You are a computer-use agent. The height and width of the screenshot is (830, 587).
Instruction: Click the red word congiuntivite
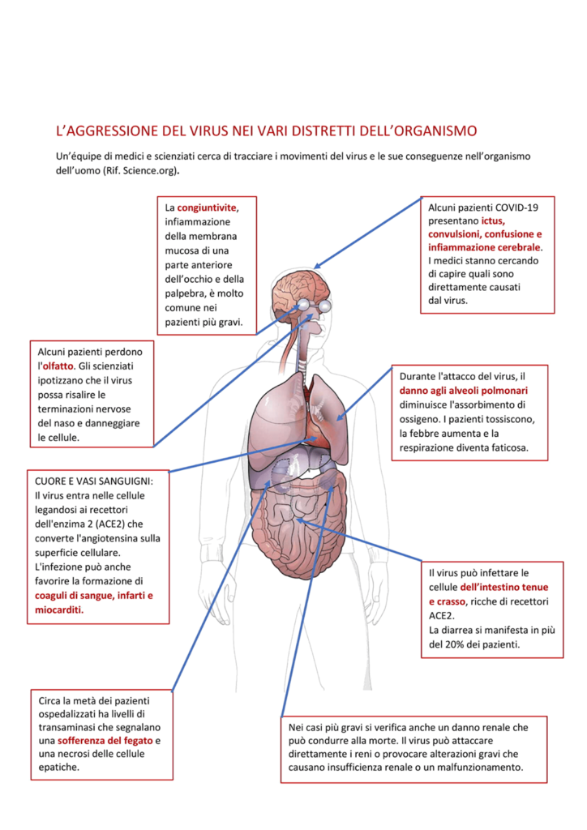[x=207, y=208]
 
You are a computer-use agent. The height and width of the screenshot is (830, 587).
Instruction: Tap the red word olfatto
[x=58, y=366]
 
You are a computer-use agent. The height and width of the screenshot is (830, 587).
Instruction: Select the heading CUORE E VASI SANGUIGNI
[x=93, y=481]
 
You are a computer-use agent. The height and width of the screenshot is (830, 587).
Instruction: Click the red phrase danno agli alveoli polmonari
[x=463, y=391]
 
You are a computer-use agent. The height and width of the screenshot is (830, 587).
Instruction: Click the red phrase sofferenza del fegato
[x=105, y=741]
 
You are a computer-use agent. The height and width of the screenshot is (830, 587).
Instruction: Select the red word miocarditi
[x=59, y=610]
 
